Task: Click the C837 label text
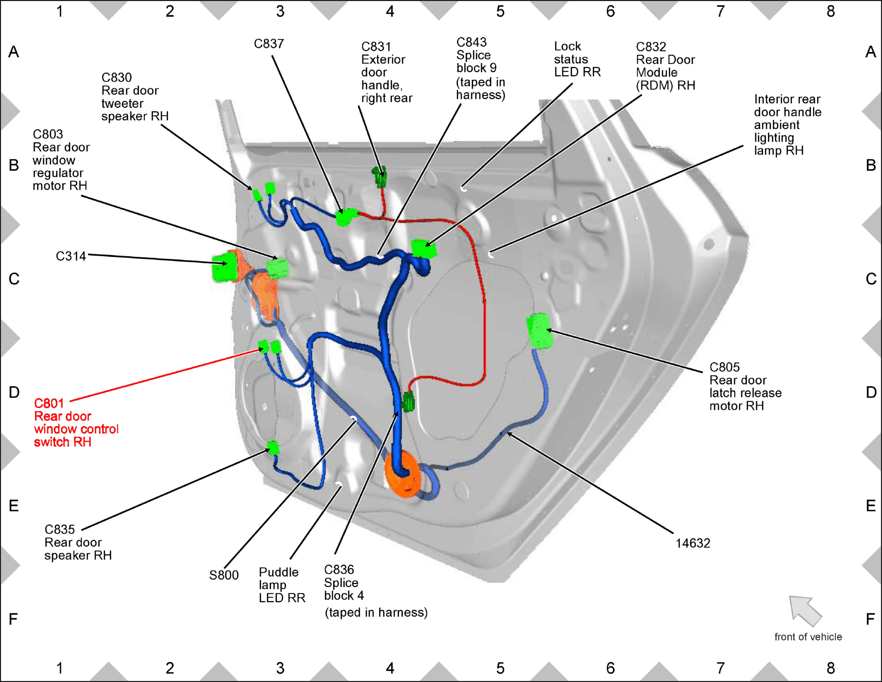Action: (x=269, y=44)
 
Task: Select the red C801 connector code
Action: (x=49, y=403)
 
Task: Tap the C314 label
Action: (x=71, y=256)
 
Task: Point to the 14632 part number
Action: (x=693, y=543)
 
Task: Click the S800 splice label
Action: (x=224, y=575)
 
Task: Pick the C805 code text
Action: (x=724, y=367)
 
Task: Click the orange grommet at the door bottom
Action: (x=403, y=474)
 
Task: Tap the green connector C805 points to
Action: (x=540, y=330)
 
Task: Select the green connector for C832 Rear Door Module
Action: (x=424, y=249)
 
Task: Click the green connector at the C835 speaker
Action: (x=273, y=448)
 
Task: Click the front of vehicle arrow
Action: (x=805, y=611)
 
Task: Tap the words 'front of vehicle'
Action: (x=808, y=636)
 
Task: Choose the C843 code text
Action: (x=471, y=42)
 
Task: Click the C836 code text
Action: (x=339, y=570)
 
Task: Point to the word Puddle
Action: (x=279, y=572)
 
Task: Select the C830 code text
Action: (x=116, y=78)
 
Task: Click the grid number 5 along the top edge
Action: (x=500, y=12)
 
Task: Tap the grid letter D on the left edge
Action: (x=14, y=392)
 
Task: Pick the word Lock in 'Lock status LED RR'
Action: (x=567, y=46)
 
